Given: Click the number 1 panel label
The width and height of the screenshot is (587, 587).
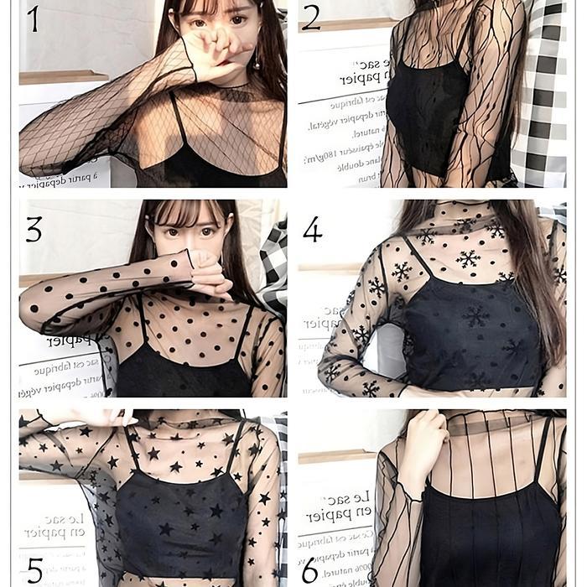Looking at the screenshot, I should pyautogui.click(x=33, y=18).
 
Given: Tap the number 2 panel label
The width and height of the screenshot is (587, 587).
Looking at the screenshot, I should pyautogui.click(x=311, y=18).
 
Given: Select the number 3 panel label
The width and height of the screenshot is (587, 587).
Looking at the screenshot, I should pyautogui.click(x=34, y=228).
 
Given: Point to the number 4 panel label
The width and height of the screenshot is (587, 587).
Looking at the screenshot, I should pyautogui.click(x=312, y=229).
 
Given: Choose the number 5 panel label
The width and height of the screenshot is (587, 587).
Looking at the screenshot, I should pyautogui.click(x=34, y=571).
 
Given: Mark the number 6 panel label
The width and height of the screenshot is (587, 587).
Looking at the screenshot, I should pyautogui.click(x=310, y=571).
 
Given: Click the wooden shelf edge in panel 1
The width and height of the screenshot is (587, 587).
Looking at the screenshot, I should pyautogui.click(x=63, y=77).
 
